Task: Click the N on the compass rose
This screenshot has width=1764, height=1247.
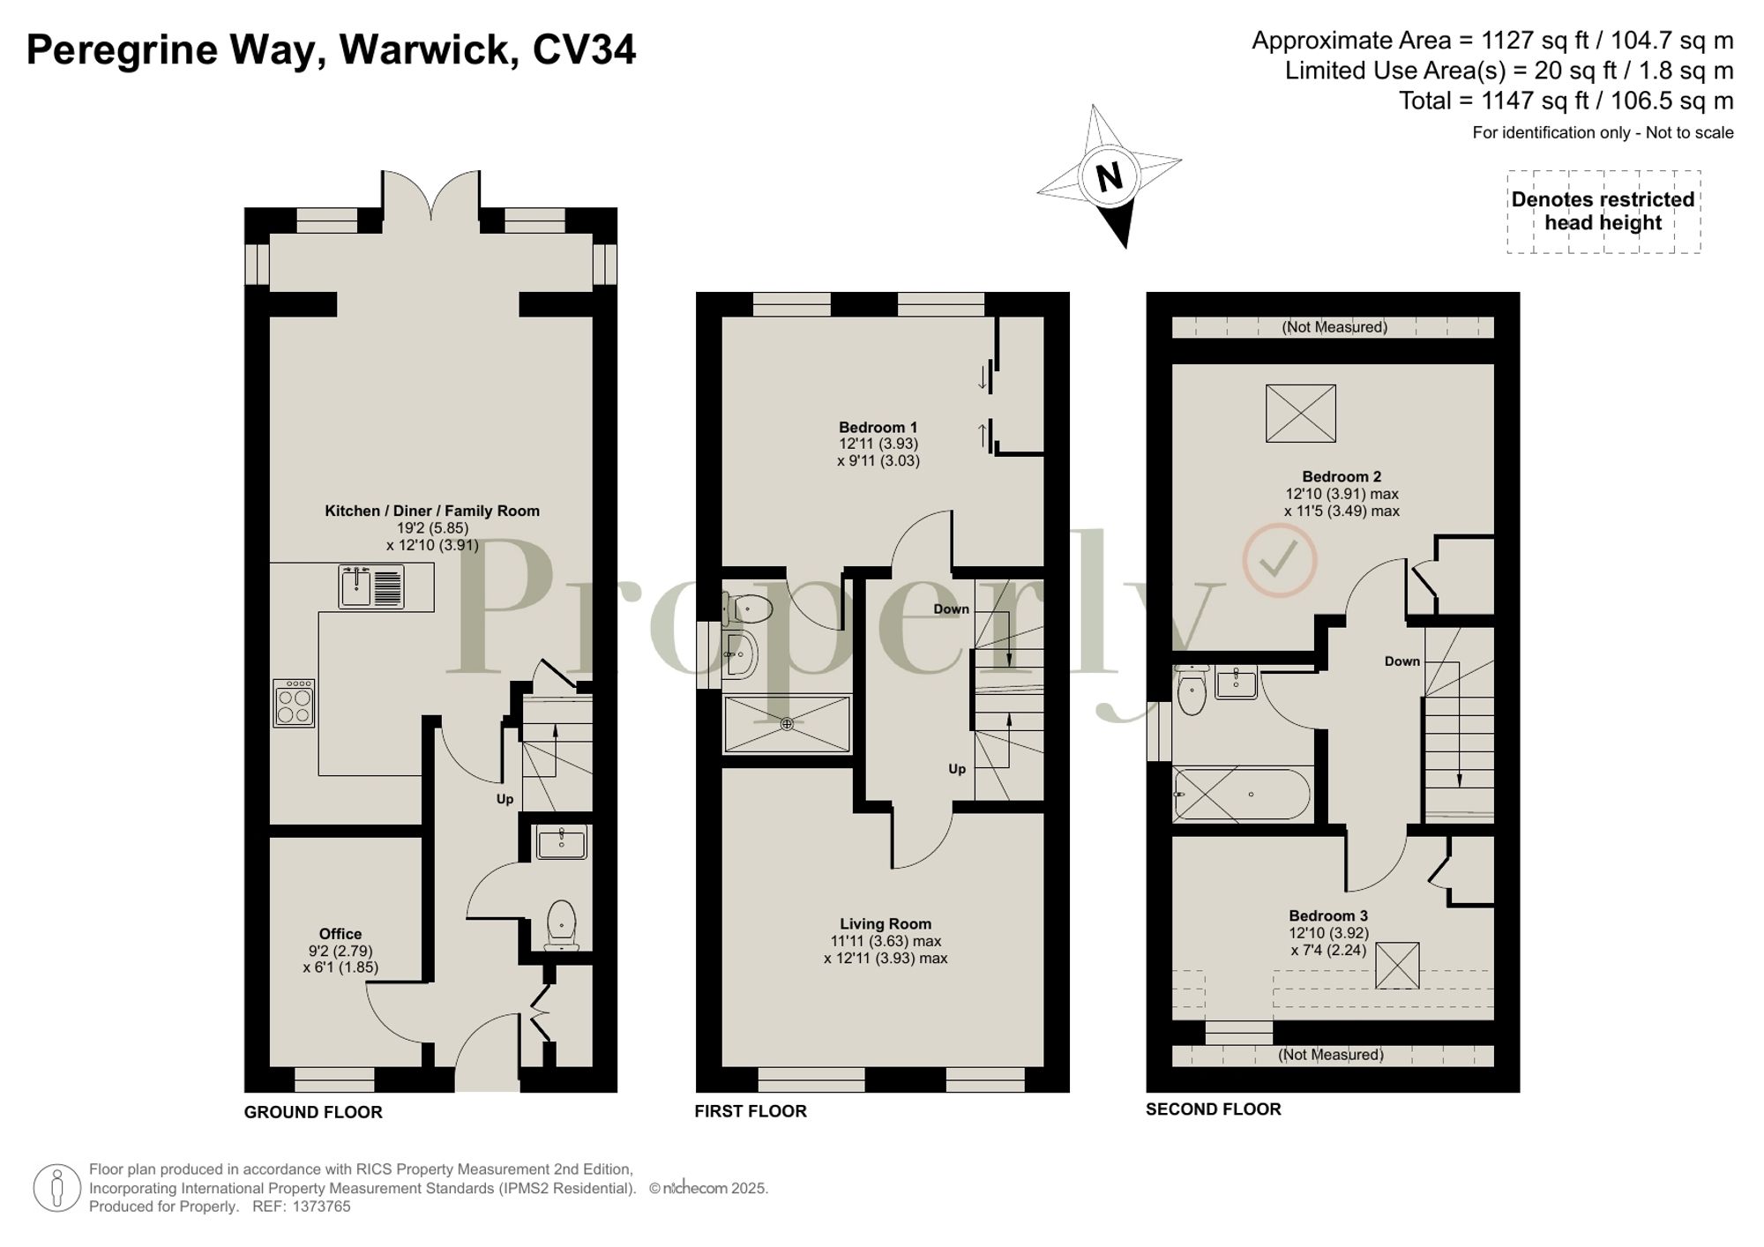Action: (1110, 176)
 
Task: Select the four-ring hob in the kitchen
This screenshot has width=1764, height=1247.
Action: (294, 703)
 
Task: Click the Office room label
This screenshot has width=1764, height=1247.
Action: (340, 934)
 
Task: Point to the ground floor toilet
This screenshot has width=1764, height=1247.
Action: (562, 924)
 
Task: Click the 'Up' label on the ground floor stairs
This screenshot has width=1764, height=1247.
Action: (505, 799)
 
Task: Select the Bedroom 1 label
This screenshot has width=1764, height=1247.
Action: (878, 428)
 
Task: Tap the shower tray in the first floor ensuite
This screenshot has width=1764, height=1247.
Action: (787, 724)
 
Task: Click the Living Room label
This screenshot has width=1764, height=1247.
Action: (886, 924)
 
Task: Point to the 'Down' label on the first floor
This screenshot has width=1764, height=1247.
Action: (951, 609)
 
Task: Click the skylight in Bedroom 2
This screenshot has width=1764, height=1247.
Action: (1300, 414)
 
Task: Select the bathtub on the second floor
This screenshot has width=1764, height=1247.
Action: (1242, 795)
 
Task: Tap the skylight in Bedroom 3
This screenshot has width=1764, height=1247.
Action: (1397, 966)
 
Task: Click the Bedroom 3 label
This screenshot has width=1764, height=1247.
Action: (1328, 916)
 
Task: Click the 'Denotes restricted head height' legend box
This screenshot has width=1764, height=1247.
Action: (1603, 212)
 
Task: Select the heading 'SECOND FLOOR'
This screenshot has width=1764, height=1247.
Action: (1213, 1109)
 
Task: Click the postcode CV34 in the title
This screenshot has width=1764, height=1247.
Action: (584, 49)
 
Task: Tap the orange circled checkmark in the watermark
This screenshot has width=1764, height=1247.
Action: (1279, 559)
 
